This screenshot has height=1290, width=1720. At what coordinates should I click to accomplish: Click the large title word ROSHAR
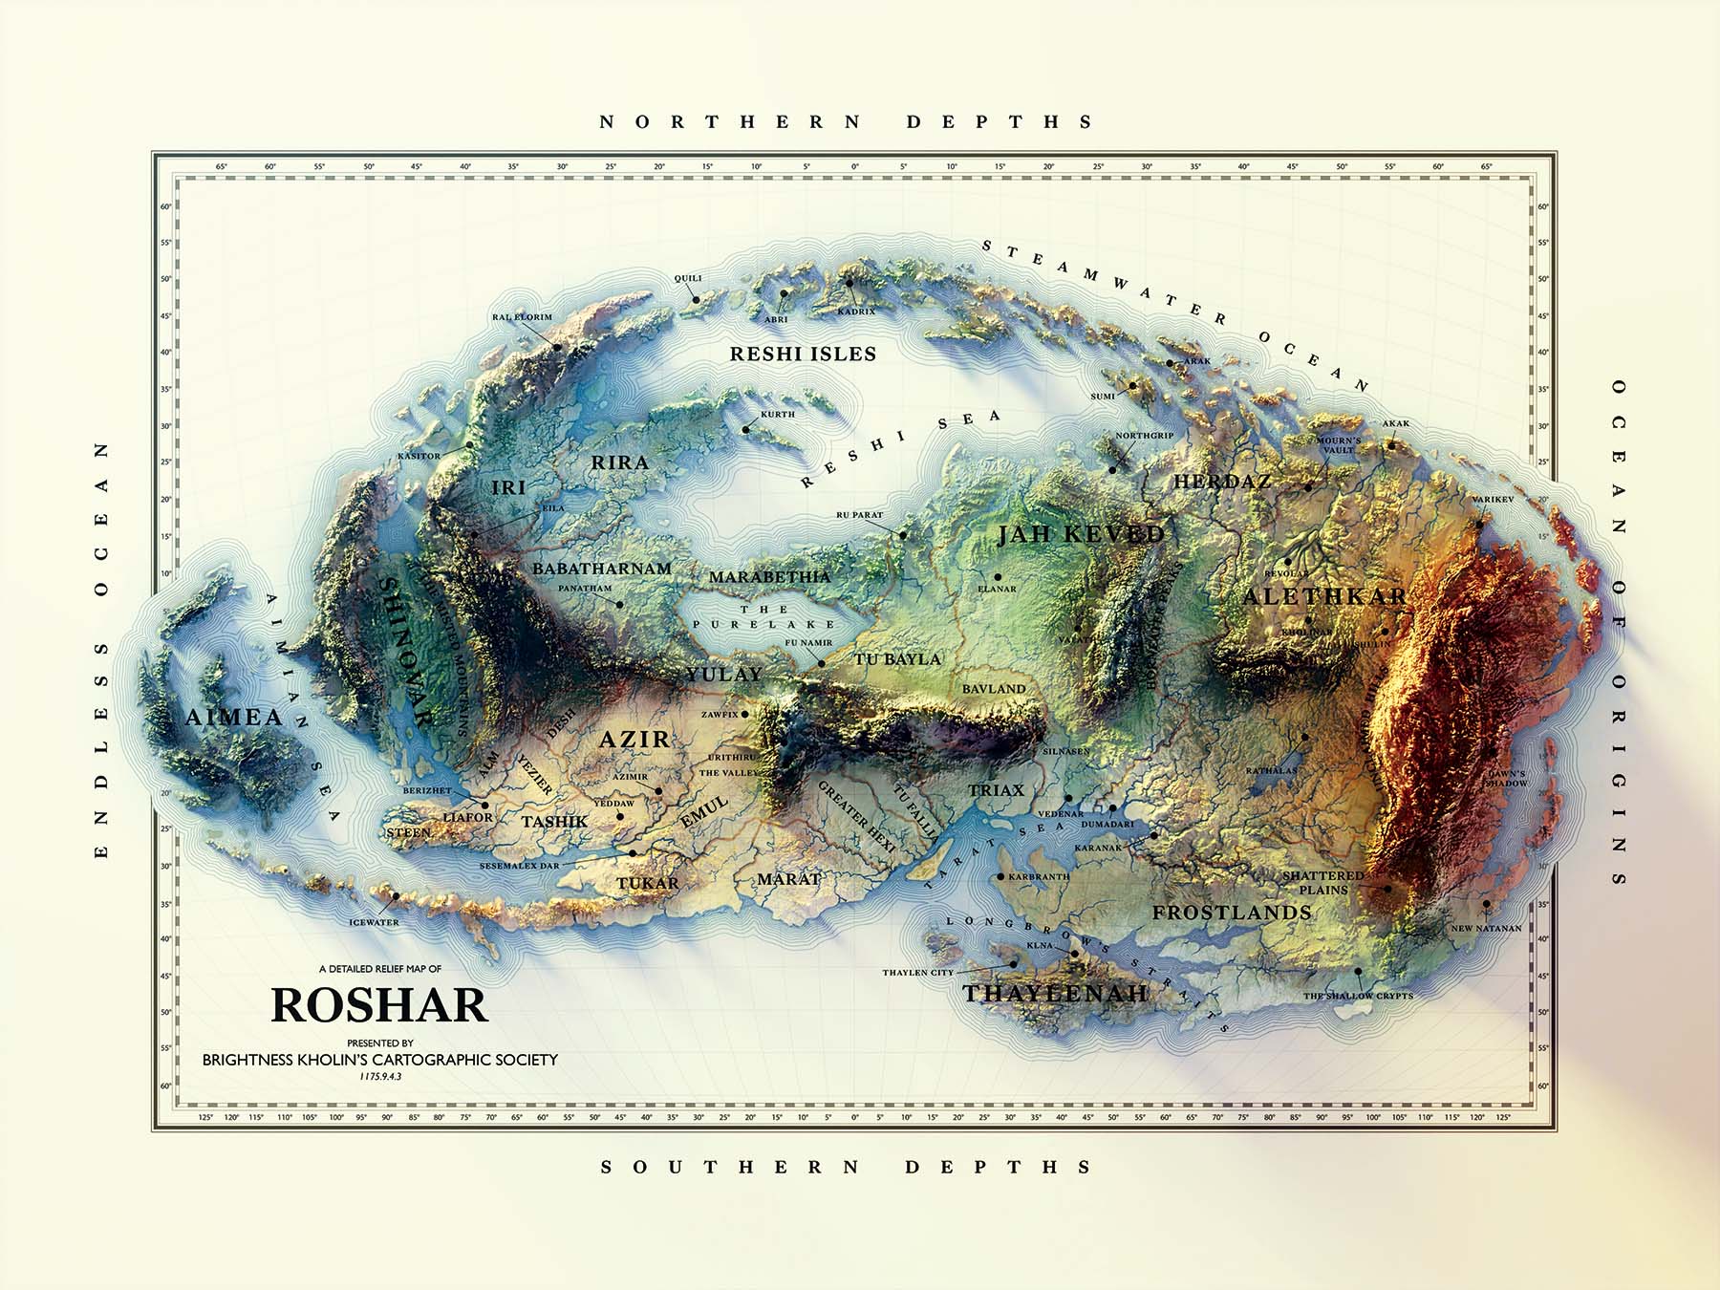coord(379,1005)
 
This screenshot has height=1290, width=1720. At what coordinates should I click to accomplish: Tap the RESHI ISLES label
coord(803,355)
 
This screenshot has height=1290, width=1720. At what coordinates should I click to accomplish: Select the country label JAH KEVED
coord(1081,534)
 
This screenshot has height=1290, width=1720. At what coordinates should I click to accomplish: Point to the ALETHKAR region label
coord(1324,597)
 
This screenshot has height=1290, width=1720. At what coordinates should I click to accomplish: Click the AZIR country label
coord(634,740)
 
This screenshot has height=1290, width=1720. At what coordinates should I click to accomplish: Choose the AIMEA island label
coord(233,718)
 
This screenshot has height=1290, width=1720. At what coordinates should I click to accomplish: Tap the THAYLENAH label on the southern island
coord(1054,994)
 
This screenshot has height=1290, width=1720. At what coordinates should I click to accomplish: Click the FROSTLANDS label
coord(1232,913)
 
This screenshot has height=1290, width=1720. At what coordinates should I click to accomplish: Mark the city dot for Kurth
coord(746,430)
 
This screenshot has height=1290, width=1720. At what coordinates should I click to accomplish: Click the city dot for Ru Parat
coord(903,535)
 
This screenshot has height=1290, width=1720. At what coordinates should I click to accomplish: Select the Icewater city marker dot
coord(395,896)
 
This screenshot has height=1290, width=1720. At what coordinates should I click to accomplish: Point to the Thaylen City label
coord(917,973)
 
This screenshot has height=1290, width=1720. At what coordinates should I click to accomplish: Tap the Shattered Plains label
coord(1322,882)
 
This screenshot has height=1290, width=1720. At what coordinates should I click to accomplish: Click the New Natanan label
coord(1486,928)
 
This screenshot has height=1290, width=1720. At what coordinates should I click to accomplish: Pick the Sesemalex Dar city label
coord(519,866)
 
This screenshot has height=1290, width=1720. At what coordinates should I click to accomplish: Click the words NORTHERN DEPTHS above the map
coord(847,122)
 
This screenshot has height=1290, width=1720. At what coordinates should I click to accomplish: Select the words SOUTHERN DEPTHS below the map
coord(847,1167)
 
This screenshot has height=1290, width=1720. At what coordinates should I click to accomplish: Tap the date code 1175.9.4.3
coord(380,1076)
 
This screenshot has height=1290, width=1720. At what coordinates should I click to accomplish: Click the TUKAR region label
coord(648,883)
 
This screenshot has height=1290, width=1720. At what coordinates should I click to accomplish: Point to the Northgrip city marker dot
coord(1112,470)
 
